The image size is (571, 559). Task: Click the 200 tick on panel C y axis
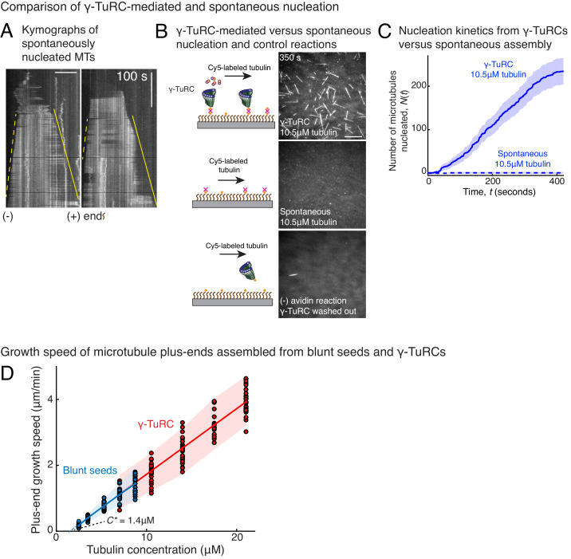[416, 85]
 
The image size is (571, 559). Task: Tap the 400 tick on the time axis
[555, 183]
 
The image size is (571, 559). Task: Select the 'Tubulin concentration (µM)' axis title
[156, 550]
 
